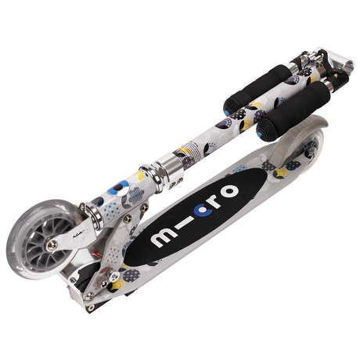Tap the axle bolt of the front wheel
click(x=52, y=245)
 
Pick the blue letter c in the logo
click(x=204, y=210)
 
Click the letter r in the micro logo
click(x=216, y=200)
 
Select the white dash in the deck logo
click(x=185, y=224)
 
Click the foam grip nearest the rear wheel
click(x=293, y=111)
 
